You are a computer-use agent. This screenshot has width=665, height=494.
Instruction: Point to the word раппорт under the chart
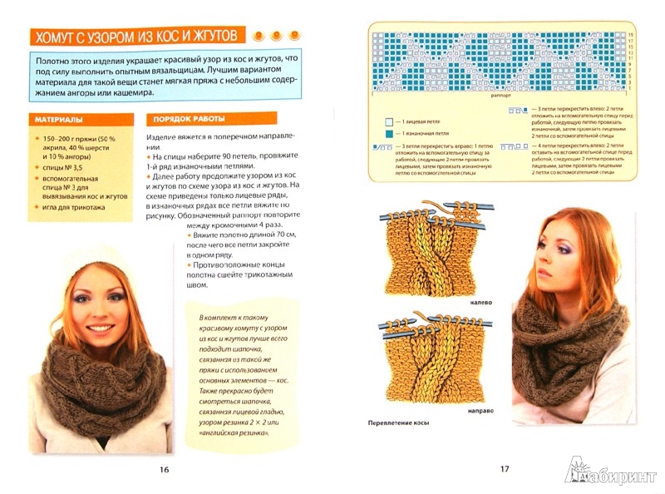click(500, 96)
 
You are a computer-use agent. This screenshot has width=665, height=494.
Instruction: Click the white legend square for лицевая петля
click(387, 121)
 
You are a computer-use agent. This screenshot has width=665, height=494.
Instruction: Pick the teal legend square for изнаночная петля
click(387, 134)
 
